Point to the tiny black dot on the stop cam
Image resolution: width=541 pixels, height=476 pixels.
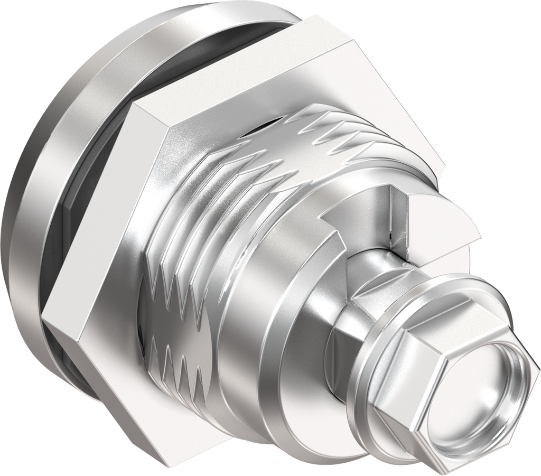(x=389, y=236)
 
